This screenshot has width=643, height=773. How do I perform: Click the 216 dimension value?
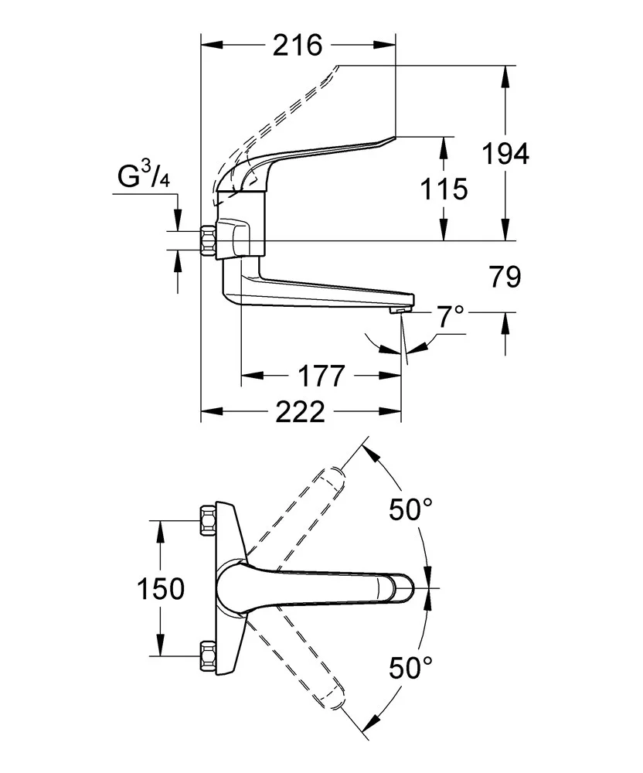[298, 46]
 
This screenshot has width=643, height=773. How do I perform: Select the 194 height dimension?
[505, 154]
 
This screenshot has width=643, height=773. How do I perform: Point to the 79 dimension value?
[505, 277]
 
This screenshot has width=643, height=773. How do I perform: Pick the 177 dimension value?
[321, 376]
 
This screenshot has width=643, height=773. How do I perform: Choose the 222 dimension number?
[301, 413]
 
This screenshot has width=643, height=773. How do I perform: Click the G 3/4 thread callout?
[144, 177]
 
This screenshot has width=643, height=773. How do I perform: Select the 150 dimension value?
[161, 588]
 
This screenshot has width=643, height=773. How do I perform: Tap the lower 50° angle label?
[410, 666]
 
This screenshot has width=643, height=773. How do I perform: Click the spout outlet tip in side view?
[397, 309]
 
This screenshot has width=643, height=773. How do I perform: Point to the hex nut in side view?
[207, 242]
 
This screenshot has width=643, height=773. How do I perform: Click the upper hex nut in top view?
[206, 520]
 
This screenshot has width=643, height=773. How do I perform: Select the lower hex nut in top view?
[206, 656]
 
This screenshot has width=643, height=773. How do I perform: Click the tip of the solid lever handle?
[394, 140]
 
